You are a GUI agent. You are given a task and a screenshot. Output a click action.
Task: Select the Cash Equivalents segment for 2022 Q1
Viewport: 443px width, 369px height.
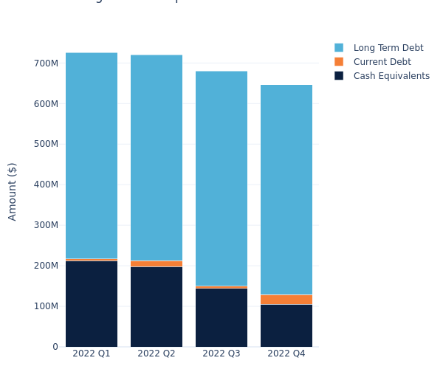pos(92,303)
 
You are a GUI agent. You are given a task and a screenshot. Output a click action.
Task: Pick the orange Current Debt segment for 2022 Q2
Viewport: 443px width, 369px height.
pos(157,263)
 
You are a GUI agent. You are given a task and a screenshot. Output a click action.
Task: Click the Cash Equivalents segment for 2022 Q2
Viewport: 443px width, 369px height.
pos(157,306)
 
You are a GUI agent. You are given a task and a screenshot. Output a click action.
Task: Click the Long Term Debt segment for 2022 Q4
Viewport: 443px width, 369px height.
pos(286,190)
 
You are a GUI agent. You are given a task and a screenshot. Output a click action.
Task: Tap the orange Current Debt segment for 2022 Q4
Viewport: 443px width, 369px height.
pos(286,300)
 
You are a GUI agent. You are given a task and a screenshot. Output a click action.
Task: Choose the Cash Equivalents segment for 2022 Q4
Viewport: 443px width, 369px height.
pos(286,325)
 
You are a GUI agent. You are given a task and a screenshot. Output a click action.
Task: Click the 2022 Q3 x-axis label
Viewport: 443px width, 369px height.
pos(221,354)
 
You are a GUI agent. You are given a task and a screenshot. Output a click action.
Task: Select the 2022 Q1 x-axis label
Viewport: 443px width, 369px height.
pos(92,354)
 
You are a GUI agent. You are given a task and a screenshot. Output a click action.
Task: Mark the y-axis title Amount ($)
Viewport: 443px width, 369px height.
pos(13,191)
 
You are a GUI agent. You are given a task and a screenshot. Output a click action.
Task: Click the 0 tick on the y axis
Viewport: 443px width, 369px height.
pos(55,347)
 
